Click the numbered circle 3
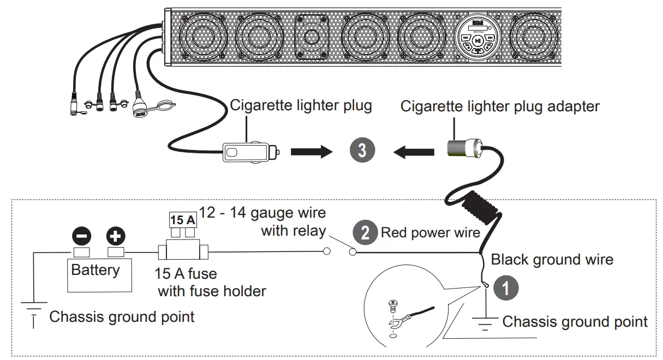point(362,150)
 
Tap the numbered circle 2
point(365,232)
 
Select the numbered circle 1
point(506,287)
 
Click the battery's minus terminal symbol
point(81,236)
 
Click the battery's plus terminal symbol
point(116,236)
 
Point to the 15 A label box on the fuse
point(183,219)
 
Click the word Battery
point(95,270)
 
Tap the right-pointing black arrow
point(312,152)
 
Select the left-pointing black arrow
point(414,152)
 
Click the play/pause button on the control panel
point(477,40)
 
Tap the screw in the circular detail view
point(393,306)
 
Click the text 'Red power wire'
point(431,232)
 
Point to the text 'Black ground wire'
point(552,260)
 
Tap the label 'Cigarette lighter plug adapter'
point(500,106)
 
